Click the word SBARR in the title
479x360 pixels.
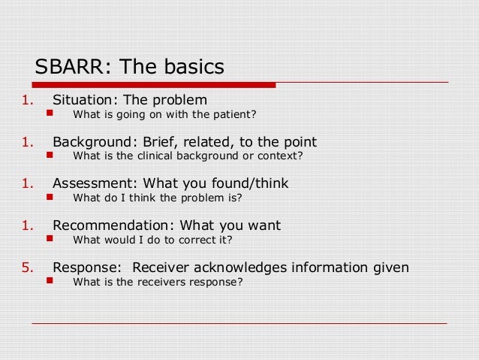point(70,67)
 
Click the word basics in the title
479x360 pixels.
point(191,67)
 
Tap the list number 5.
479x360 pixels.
point(26,267)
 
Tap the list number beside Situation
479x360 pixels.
point(26,100)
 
